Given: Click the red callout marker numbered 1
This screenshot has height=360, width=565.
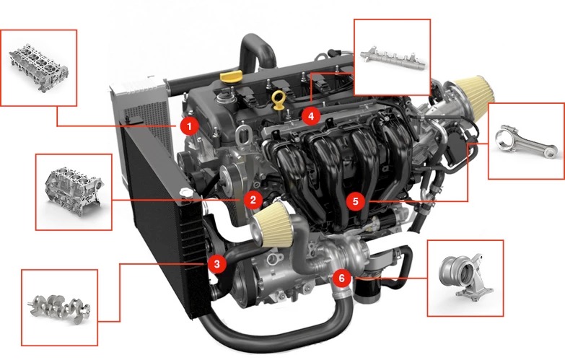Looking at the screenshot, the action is [189, 126].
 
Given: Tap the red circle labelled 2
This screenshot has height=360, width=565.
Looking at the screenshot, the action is [253, 200].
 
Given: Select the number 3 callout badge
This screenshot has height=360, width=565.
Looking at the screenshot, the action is [216, 264].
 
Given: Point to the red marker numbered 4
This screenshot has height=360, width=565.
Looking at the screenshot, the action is [310, 116].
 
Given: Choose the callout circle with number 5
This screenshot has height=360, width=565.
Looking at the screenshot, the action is [355, 201].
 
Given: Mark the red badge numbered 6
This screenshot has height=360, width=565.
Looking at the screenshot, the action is [341, 278].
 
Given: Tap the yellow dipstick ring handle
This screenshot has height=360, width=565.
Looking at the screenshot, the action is [279, 99].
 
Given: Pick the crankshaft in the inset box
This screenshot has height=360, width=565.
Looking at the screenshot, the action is [59, 308].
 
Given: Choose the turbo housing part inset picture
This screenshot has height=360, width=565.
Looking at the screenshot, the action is [465, 276].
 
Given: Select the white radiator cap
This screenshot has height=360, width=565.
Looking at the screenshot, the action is [185, 193].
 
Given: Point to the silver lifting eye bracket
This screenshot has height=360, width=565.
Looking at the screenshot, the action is [244, 135].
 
